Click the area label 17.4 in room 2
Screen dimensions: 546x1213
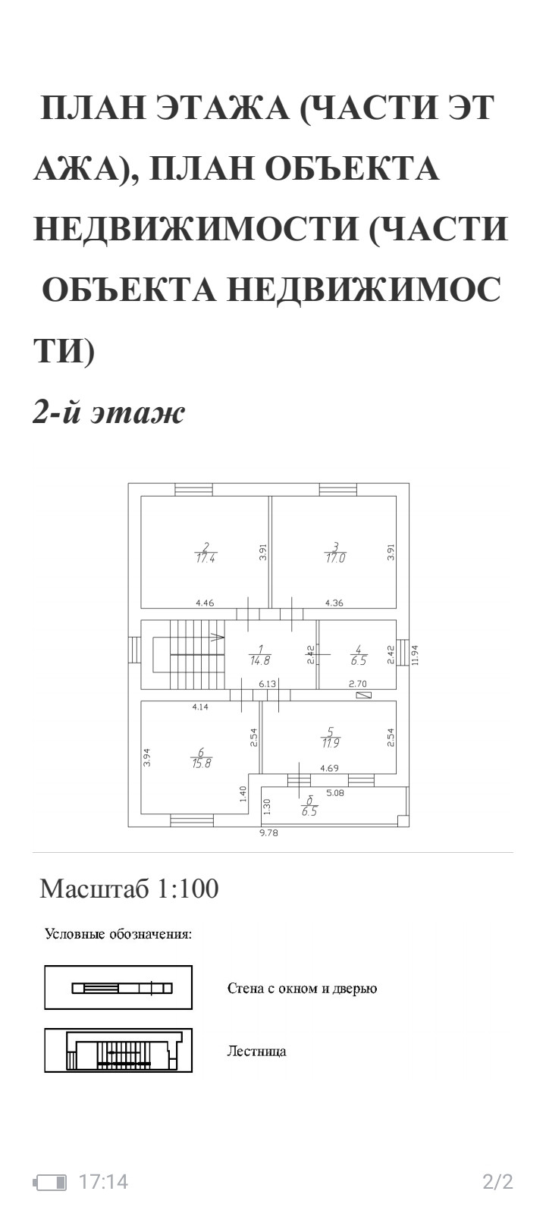click(x=205, y=558)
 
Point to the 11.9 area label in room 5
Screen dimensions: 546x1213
click(x=329, y=742)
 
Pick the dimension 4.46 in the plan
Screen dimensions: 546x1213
click(x=205, y=603)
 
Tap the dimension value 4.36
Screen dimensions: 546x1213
click(x=334, y=603)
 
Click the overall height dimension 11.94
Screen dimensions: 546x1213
click(x=414, y=654)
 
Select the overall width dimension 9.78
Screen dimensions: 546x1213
click(x=269, y=833)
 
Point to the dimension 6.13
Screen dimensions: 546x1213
click(x=267, y=684)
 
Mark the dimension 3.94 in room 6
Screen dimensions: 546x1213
click(x=147, y=758)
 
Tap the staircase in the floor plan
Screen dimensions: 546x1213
click(x=190, y=654)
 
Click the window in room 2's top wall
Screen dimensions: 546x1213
click(x=194, y=489)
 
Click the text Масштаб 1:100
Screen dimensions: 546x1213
click(x=129, y=889)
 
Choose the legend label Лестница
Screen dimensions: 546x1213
click(x=256, y=1052)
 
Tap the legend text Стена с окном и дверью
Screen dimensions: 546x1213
click(x=302, y=989)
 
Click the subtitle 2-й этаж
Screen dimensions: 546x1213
click(x=108, y=414)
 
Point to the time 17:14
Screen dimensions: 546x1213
click(x=104, y=1181)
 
